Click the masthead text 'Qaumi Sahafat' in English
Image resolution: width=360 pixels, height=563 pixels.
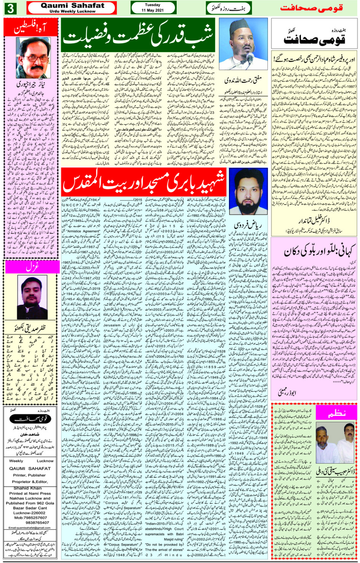pos(72,6)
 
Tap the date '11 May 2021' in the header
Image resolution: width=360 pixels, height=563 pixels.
pos(152,10)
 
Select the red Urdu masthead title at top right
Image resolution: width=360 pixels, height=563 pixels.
pos(311,8)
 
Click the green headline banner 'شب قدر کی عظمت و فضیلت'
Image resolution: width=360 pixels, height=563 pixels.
pos(138,36)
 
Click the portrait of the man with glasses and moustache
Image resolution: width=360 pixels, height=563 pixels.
pos(33,58)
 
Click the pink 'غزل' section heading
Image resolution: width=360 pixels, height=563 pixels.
pos(32,267)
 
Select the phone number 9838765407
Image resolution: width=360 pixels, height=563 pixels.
pos(32,523)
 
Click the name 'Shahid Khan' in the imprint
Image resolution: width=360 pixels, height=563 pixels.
pos(27,488)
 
